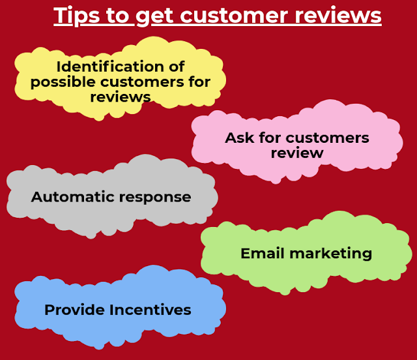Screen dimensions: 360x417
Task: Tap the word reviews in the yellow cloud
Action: click(x=120, y=97)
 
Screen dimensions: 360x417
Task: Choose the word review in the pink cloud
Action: click(x=297, y=153)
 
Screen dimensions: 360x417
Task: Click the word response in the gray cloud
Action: click(x=153, y=197)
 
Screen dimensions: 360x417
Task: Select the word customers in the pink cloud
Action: click(x=328, y=138)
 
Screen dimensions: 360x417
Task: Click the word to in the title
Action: click(x=115, y=15)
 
